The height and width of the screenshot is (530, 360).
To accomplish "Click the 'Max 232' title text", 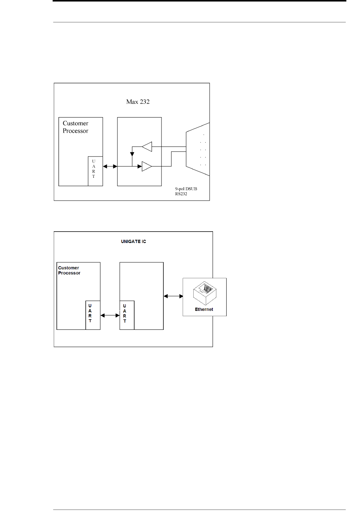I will [x=138, y=102].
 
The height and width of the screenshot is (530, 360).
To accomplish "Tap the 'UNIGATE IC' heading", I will [x=133, y=241].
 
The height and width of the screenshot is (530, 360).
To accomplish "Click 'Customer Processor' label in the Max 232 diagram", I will [x=75, y=127].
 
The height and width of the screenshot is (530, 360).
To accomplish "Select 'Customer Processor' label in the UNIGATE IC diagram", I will [x=69, y=270].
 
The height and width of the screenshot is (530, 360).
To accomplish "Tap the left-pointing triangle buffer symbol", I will [x=147, y=147].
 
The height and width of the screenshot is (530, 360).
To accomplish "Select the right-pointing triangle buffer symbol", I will [x=147, y=166].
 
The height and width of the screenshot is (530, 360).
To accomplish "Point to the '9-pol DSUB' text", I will [x=186, y=189].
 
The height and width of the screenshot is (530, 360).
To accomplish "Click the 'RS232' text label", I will [x=181, y=194].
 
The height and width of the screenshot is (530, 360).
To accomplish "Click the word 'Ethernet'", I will [x=204, y=309].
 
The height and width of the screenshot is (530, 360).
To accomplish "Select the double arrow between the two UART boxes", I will [x=110, y=315].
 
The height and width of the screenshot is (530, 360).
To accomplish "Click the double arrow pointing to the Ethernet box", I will [x=174, y=296].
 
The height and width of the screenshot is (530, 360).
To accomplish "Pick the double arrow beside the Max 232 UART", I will [x=110, y=166].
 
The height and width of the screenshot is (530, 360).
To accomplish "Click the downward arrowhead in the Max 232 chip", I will [x=132, y=154].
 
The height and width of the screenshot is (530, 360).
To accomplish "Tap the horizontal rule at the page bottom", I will [x=199, y=510].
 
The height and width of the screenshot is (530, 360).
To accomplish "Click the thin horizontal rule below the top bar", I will [x=199, y=22].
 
